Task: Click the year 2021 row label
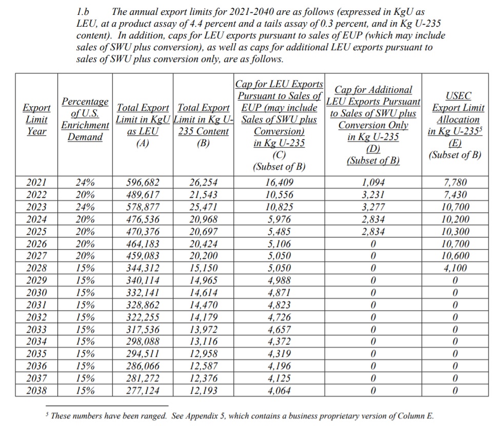[x=36, y=182]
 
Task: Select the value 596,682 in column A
[x=143, y=182]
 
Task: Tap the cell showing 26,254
[x=203, y=182]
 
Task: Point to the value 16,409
[x=279, y=182]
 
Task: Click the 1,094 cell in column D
[x=373, y=182]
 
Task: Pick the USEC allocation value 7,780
[x=454, y=182]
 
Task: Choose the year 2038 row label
[x=36, y=391]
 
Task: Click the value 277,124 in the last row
[x=143, y=391]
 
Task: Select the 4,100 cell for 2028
[x=454, y=268]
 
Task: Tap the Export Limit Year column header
[x=36, y=119]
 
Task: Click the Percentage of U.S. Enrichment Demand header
[x=85, y=119]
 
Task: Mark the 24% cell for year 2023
[x=85, y=207]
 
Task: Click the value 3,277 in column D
[x=373, y=207]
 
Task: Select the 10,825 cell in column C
[x=279, y=207]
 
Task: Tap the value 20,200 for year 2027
[x=203, y=256]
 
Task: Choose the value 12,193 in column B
[x=203, y=391]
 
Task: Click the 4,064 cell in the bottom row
[x=279, y=391]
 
